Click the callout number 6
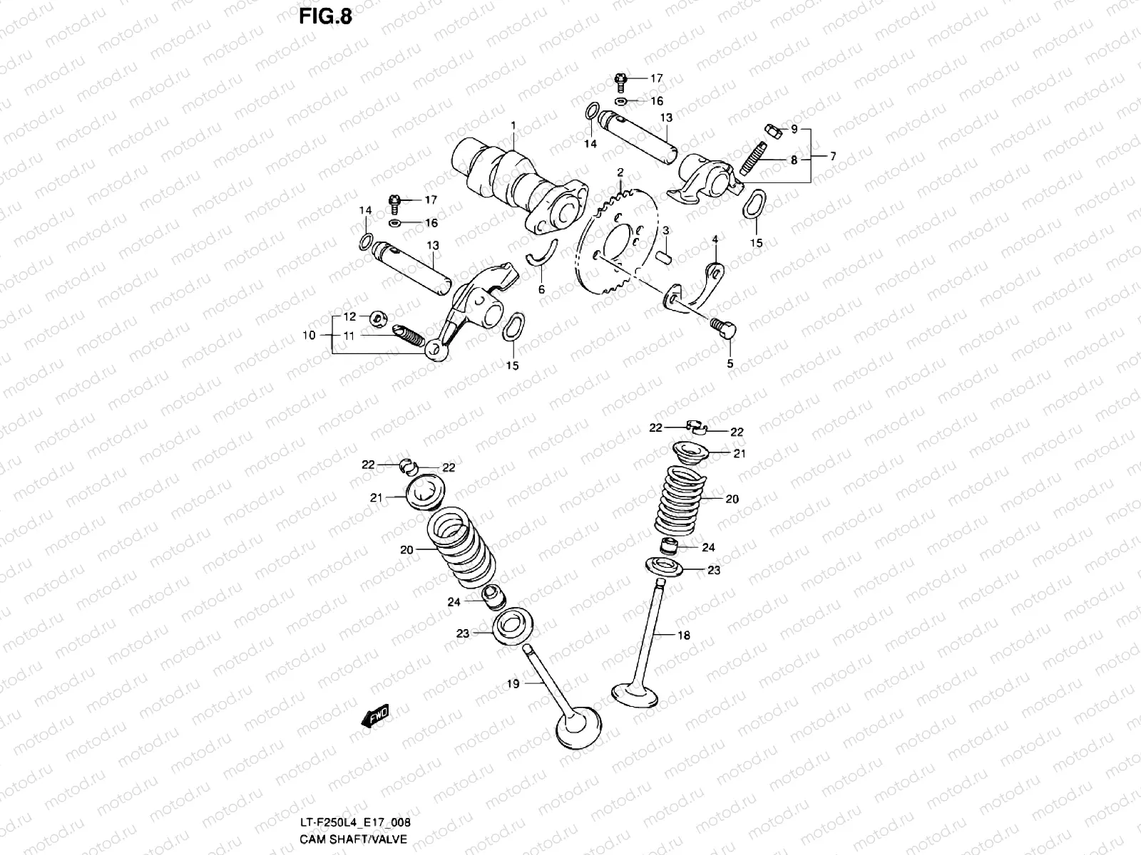click(541, 289)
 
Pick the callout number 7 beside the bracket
click(832, 156)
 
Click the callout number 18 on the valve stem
click(683, 636)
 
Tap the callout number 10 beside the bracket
click(308, 334)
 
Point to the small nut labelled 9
click(771, 130)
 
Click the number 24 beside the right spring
click(708, 547)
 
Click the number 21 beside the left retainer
click(377, 497)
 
